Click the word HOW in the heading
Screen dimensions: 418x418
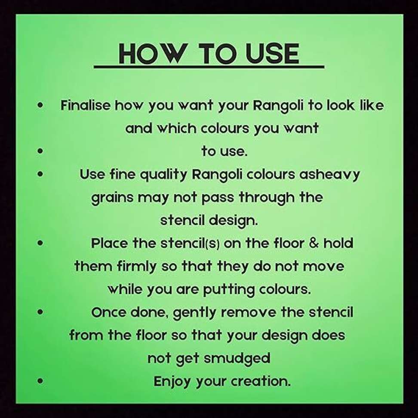pos(151,54)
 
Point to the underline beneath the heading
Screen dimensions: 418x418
pos(209,67)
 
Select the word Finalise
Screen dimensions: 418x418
pos(85,105)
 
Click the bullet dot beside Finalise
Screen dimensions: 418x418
pos(40,105)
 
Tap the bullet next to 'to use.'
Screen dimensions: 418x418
pos(40,151)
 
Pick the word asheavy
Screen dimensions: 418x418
pos(329,175)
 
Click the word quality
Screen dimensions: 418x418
pos(163,175)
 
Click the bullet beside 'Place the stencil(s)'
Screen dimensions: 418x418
pos(40,243)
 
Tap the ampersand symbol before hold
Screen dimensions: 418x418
pos(314,243)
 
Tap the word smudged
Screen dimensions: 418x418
pos(237,359)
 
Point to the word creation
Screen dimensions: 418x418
pos(261,381)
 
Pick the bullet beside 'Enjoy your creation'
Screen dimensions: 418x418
pos(40,381)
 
